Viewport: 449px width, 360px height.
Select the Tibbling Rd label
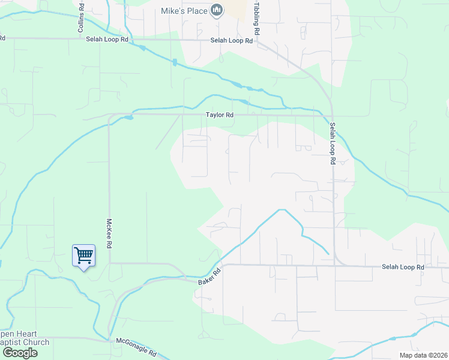tap(256, 18)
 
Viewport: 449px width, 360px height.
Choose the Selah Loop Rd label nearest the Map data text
tap(403, 266)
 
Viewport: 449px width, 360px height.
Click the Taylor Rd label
tap(219, 114)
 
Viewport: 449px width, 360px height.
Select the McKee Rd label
tap(110, 233)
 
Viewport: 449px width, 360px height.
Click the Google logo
tap(19, 353)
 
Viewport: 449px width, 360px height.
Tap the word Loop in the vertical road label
tap(331, 143)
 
